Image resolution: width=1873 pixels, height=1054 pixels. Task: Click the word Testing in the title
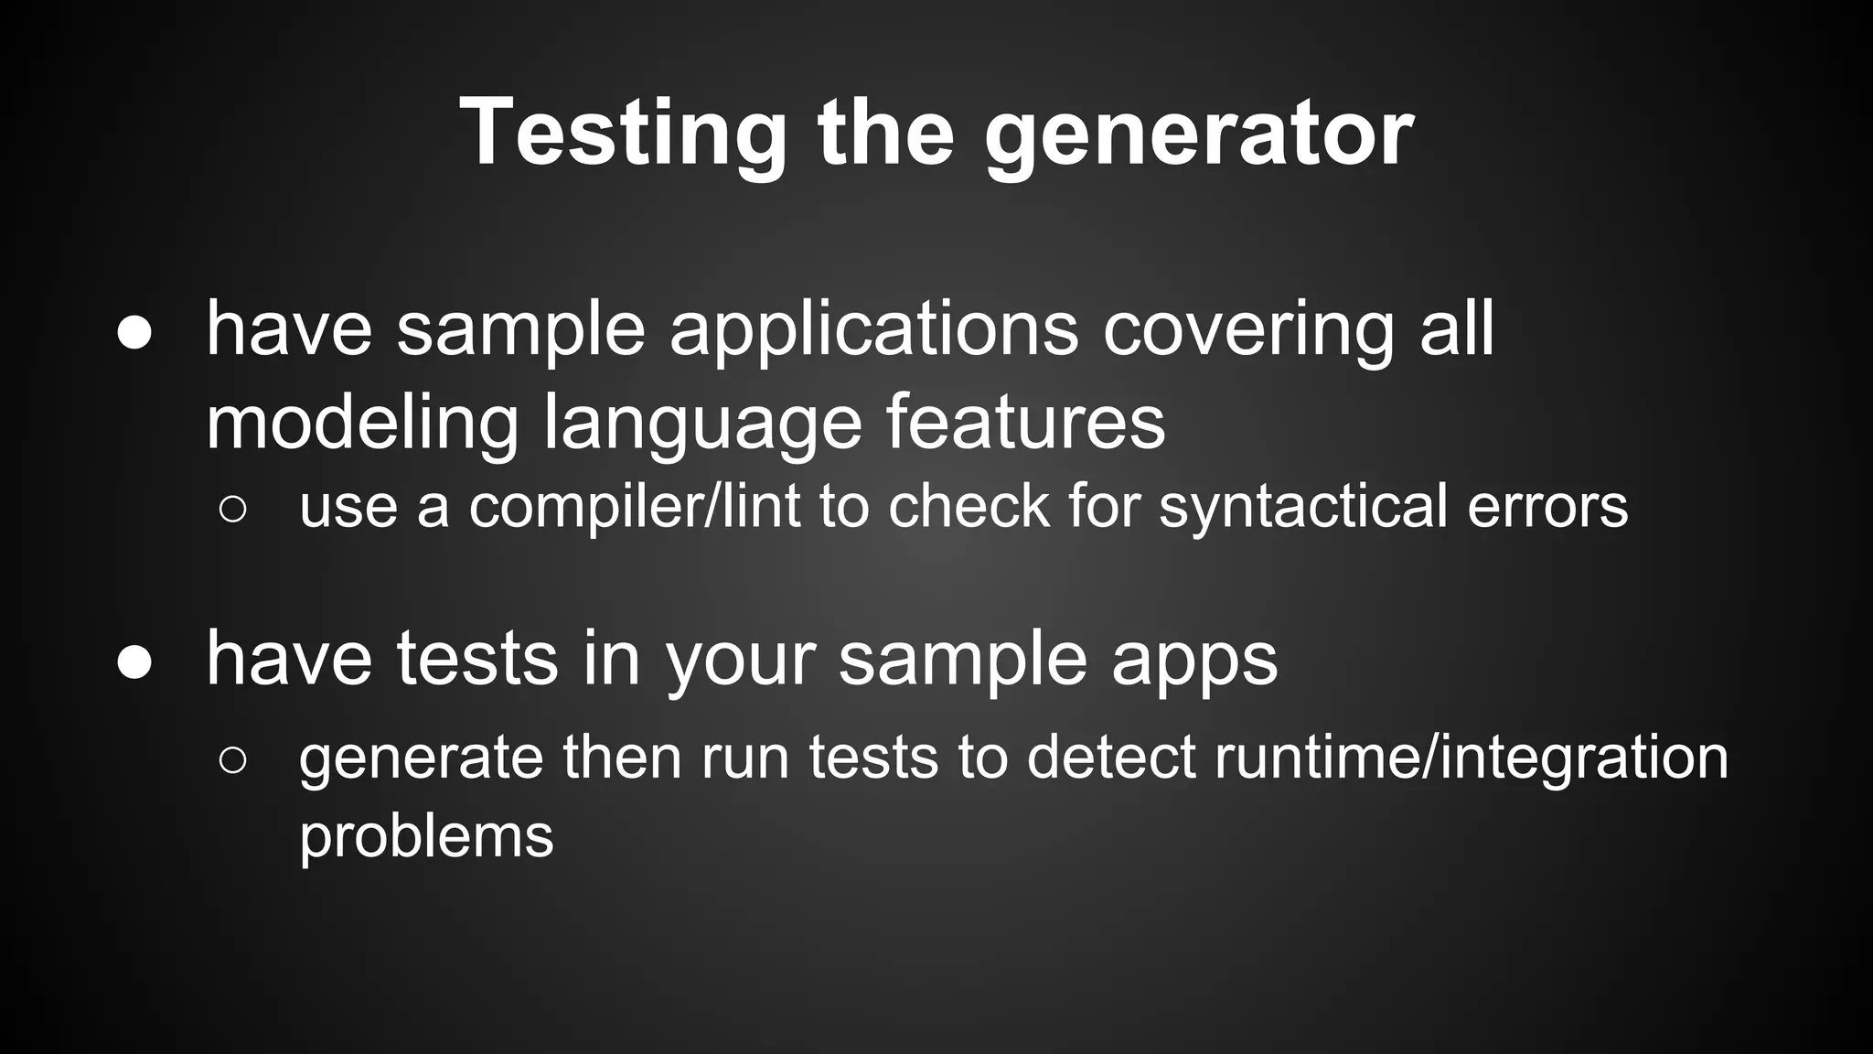pyautogui.click(x=622, y=134)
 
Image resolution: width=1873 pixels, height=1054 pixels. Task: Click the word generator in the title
pyautogui.click(x=1198, y=134)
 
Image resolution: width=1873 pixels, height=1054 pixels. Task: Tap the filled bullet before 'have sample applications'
pyautogui.click(x=134, y=334)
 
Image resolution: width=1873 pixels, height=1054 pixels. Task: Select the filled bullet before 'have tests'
pyautogui.click(x=134, y=662)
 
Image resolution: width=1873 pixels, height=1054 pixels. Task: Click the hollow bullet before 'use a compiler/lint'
pyautogui.click(x=233, y=510)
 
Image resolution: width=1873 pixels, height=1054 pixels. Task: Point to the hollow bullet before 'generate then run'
pyautogui.click(x=233, y=760)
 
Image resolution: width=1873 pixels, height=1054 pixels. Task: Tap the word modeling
pyautogui.click(x=363, y=423)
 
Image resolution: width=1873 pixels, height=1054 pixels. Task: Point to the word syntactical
pyautogui.click(x=1303, y=507)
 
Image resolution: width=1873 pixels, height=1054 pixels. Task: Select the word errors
pyautogui.click(x=1547, y=507)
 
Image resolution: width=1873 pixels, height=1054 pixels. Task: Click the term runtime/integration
pyautogui.click(x=1471, y=758)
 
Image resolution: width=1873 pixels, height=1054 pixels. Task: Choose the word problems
pyautogui.click(x=426, y=836)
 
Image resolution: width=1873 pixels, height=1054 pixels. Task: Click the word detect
pyautogui.click(x=1111, y=758)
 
